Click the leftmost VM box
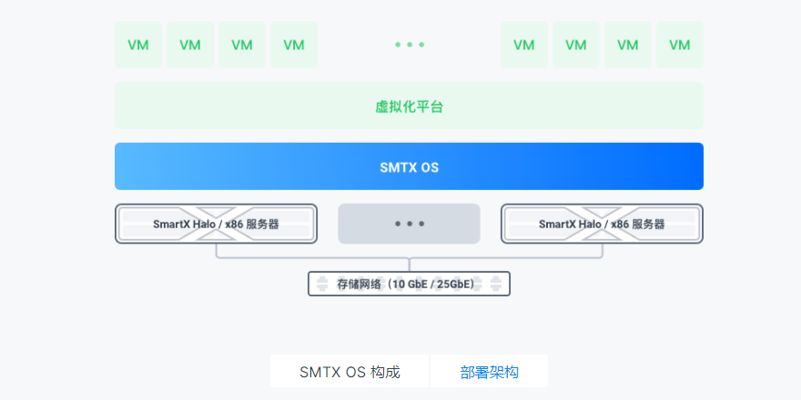[138, 45]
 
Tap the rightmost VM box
[680, 45]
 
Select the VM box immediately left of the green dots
[294, 45]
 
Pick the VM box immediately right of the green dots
[524, 45]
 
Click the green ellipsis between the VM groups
[410, 45]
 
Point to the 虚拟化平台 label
[409, 106]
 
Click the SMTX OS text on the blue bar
[409, 167]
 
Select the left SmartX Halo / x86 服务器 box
[216, 224]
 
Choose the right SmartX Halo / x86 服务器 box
[602, 224]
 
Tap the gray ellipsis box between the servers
[409, 224]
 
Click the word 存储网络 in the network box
[356, 285]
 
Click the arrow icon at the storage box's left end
[321, 285]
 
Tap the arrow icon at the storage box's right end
[496, 285]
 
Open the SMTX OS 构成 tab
[350, 372]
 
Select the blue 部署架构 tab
[490, 372]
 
